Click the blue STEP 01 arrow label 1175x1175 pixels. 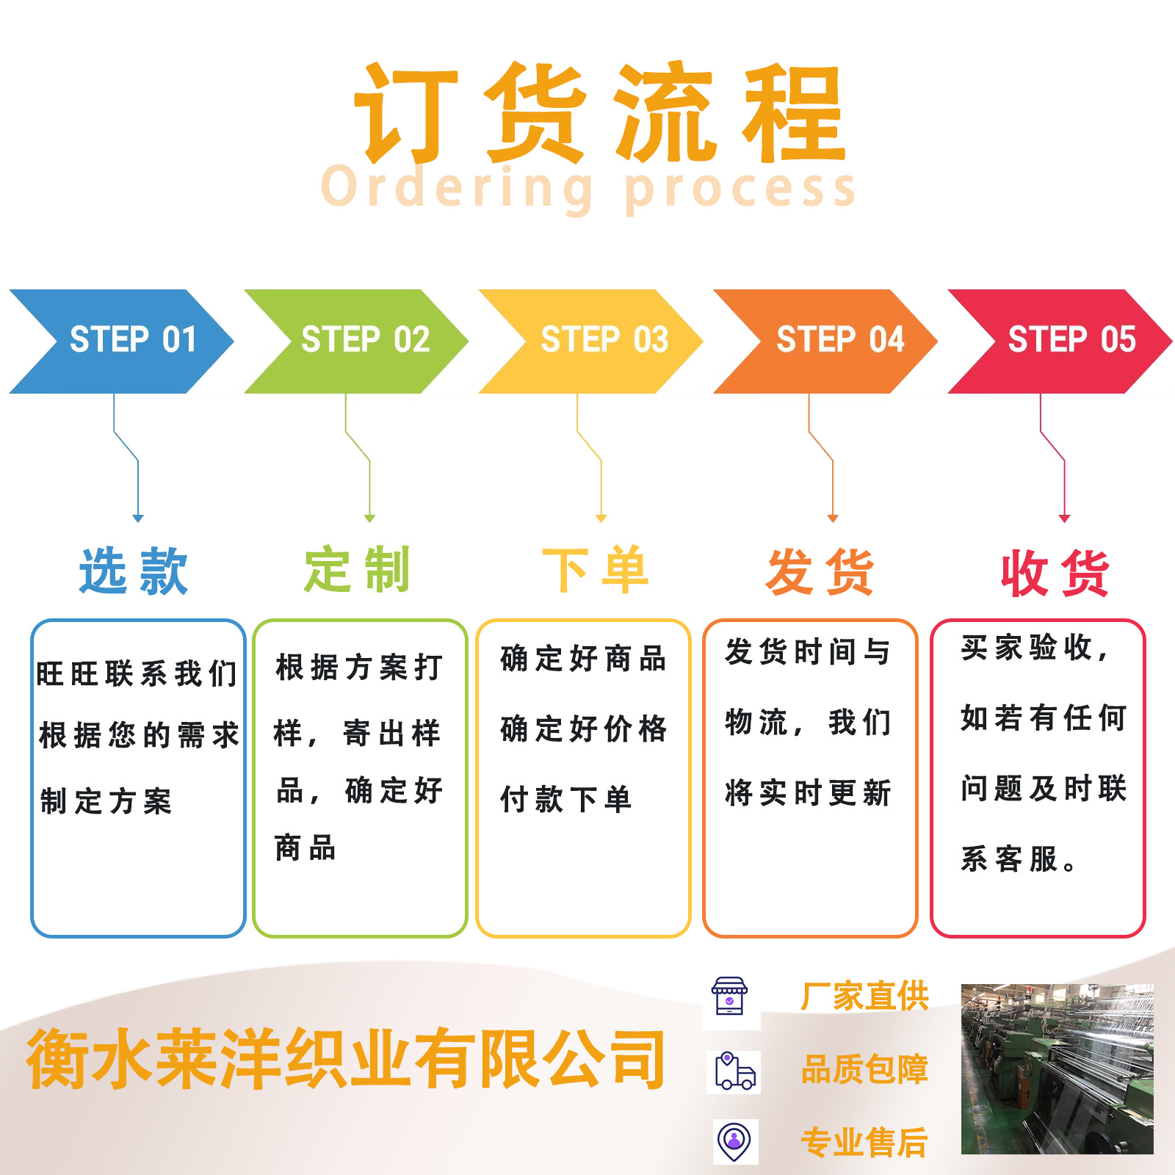pyautogui.click(x=133, y=339)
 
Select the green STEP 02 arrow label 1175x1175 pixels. pyautogui.click(x=365, y=339)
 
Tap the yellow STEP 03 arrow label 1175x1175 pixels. pyautogui.click(x=604, y=339)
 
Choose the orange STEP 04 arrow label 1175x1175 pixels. pyautogui.click(x=840, y=339)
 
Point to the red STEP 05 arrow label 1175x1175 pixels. pyautogui.click(x=1071, y=339)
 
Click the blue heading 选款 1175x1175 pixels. pyautogui.click(x=134, y=571)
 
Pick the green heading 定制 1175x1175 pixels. pyautogui.click(x=357, y=570)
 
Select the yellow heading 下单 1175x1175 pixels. pyautogui.click(x=596, y=570)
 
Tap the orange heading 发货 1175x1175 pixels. pyautogui.click(x=820, y=571)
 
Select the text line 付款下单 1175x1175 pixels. pyautogui.click(x=565, y=799)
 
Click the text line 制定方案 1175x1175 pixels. pyautogui.click(x=106, y=801)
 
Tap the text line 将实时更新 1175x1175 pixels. pyautogui.click(x=808, y=793)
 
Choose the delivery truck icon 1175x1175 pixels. pyautogui.click(x=734, y=1071)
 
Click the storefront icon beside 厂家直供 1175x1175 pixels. pyautogui.click(x=729, y=997)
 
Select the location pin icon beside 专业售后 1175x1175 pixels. pyautogui.click(x=734, y=1142)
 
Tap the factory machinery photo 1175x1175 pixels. pyautogui.click(x=1057, y=1069)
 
